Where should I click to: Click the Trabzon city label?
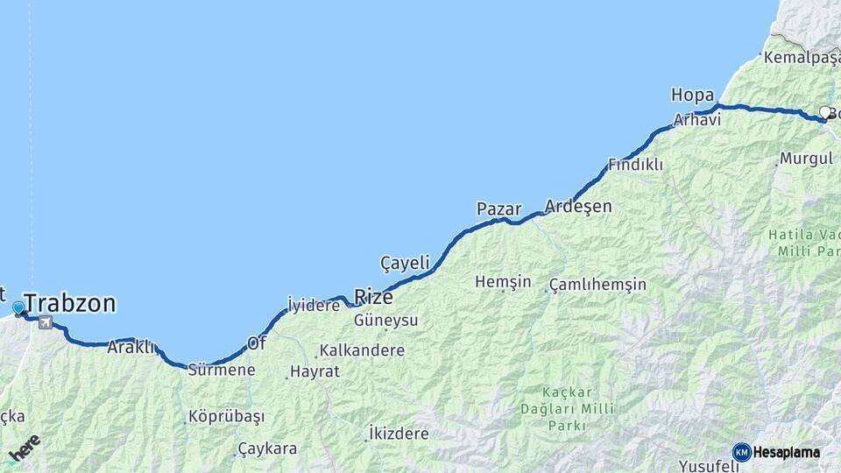[70, 304]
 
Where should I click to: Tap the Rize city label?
[373, 296]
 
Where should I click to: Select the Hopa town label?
[692, 95]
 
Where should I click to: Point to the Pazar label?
[498, 209]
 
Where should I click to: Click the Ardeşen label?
[578, 207]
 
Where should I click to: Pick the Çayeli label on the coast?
[405, 263]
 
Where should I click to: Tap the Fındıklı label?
[635, 165]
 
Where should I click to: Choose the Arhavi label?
[697, 120]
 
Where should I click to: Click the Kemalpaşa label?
[802, 57]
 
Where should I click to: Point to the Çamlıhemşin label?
[598, 285]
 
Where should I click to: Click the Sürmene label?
[222, 370]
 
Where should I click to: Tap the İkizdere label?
[399, 434]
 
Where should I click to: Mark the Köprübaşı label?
[226, 416]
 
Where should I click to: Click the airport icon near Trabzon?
[45, 323]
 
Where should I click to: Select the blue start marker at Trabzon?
[18, 307]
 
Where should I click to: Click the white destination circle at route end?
[824, 112]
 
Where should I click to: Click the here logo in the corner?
[24, 449]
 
